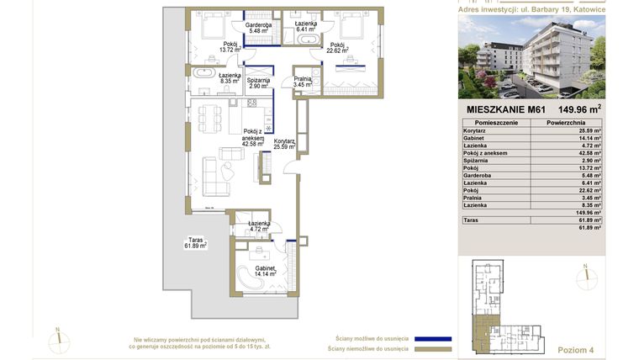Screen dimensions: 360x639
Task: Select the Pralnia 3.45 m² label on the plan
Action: click(303, 81)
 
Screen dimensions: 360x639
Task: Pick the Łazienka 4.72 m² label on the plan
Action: click(258, 225)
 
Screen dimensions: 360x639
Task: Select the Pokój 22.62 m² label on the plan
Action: click(339, 47)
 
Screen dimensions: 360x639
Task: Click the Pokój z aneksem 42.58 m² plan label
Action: click(252, 137)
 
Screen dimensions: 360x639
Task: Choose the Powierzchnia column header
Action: click(565, 122)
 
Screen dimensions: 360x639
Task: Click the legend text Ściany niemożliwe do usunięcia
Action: click(368, 348)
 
